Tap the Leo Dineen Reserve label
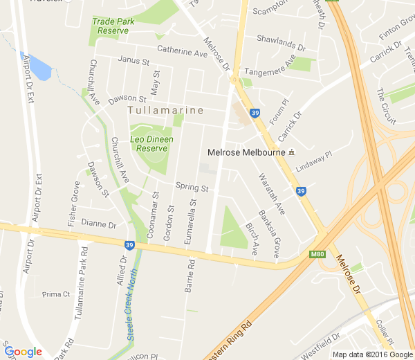coord(151,143)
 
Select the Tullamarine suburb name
coord(166,110)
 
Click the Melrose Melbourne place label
coord(246,152)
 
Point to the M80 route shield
coord(317,255)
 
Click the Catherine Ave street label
coord(182,51)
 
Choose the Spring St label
coord(192,187)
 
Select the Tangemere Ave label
coord(270,66)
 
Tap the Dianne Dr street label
coord(98,224)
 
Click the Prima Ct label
coord(56,294)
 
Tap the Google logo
coord(23,351)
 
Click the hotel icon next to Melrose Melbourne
coord(292,152)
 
